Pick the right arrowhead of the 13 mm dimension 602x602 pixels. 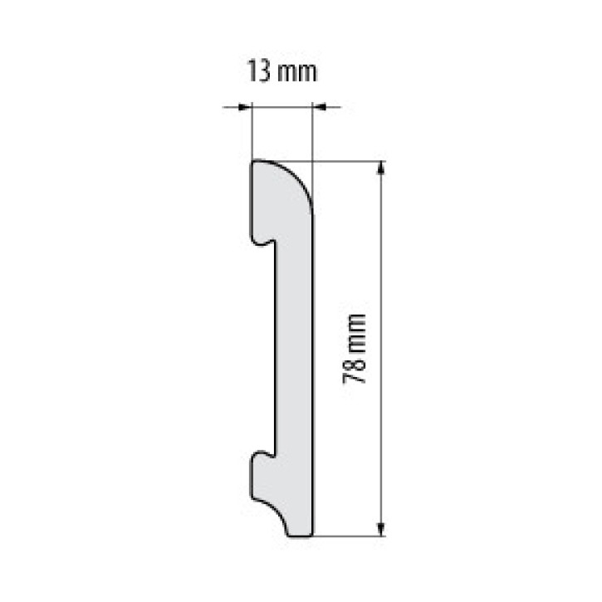click(319, 106)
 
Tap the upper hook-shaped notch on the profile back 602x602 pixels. click(263, 242)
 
